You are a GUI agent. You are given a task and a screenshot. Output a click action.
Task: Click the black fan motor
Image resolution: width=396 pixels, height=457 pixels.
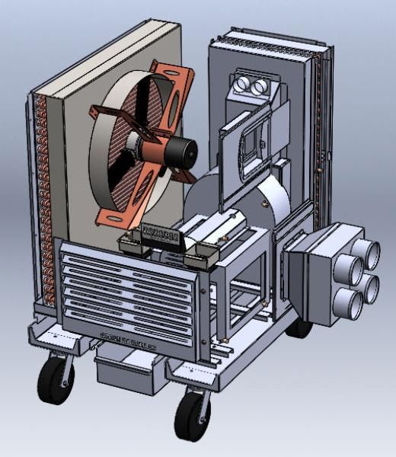click(177, 147)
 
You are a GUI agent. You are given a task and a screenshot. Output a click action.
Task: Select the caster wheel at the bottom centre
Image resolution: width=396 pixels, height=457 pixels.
click(191, 415)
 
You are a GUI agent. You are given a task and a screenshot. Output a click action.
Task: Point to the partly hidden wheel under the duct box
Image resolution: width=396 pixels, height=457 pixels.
click(299, 326)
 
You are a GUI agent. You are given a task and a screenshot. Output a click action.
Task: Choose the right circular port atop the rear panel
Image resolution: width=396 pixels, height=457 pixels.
click(261, 88)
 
